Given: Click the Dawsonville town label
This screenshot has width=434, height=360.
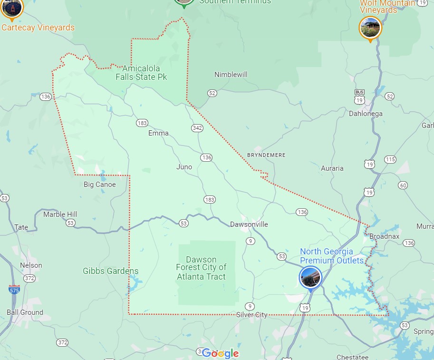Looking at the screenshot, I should (x=249, y=224).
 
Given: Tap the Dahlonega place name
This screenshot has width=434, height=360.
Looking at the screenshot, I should (x=366, y=114).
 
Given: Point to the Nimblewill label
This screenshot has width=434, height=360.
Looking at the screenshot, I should (x=231, y=75).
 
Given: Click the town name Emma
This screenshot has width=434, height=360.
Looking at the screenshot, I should (x=158, y=133).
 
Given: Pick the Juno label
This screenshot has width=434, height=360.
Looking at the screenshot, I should (x=184, y=167).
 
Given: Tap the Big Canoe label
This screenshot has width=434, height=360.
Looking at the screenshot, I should (x=99, y=185).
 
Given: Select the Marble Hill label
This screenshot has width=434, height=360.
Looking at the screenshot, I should (x=60, y=214).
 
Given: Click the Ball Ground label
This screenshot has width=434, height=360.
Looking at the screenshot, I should (x=25, y=312).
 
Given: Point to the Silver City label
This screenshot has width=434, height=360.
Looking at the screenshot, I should (x=251, y=315).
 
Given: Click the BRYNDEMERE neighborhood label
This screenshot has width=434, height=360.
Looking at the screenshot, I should (x=266, y=155).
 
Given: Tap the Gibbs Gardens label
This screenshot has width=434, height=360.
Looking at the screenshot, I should (x=110, y=271).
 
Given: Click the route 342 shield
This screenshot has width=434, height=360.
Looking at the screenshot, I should (x=198, y=128).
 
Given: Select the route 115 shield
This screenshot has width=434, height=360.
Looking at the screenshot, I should (x=390, y=159).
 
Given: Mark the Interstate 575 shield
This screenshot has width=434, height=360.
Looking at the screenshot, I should (x=14, y=289).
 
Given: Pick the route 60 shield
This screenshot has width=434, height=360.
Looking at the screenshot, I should (x=403, y=185).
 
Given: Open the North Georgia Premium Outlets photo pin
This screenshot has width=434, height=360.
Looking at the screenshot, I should (x=310, y=277).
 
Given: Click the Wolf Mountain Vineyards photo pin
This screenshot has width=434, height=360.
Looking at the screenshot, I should (x=370, y=28).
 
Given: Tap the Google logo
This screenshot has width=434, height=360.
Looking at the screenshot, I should (x=220, y=353).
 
